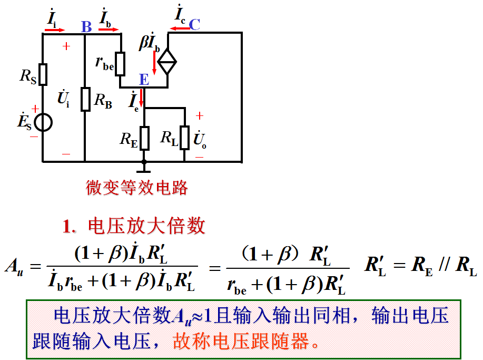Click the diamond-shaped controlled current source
(167, 62)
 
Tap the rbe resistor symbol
(121, 63)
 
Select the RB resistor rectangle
(85, 99)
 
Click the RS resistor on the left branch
(43, 74)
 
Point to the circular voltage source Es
(43, 123)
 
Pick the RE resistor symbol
(144, 138)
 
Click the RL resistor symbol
(184, 138)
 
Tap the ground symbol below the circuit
(144, 168)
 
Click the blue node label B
(86, 26)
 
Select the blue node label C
(194, 24)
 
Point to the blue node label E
(144, 80)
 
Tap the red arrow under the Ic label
(179, 28)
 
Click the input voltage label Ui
(64, 99)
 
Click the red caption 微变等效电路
(137, 188)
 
